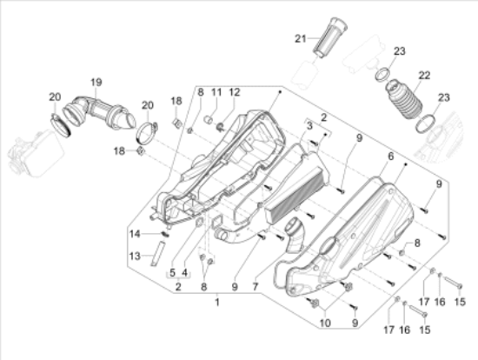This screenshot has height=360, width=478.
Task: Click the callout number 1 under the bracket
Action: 217,301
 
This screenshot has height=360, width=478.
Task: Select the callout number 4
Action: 183,273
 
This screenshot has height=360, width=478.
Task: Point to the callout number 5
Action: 172,273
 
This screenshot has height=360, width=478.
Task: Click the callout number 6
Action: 391,156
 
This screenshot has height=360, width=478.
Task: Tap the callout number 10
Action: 326,323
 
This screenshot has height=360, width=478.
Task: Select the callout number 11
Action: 216,91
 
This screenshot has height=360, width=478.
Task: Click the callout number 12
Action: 236,91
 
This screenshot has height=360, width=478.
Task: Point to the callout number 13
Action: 134,256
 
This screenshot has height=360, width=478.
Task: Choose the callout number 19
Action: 96,82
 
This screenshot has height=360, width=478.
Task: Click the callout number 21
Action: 300,38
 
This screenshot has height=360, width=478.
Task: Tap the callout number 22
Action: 425,76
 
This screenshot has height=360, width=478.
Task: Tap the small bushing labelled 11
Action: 210,116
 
